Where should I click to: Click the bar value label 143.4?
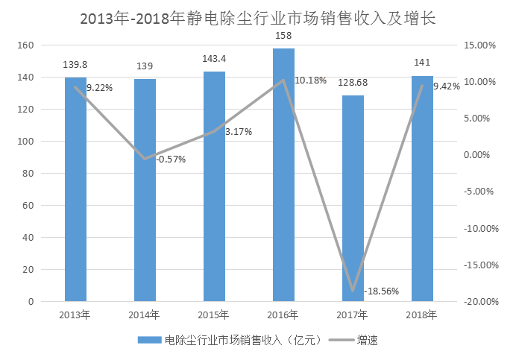coord(214,58)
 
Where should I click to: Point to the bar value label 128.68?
coord(353,83)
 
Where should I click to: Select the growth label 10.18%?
coord(310,80)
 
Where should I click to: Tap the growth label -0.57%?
coord(171,159)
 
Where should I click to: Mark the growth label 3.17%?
coord(239,132)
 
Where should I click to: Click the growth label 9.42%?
coord(447,86)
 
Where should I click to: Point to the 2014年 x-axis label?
coord(145,315)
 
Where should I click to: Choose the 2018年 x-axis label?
coord(422,315)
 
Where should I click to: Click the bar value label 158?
coord(283,34)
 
